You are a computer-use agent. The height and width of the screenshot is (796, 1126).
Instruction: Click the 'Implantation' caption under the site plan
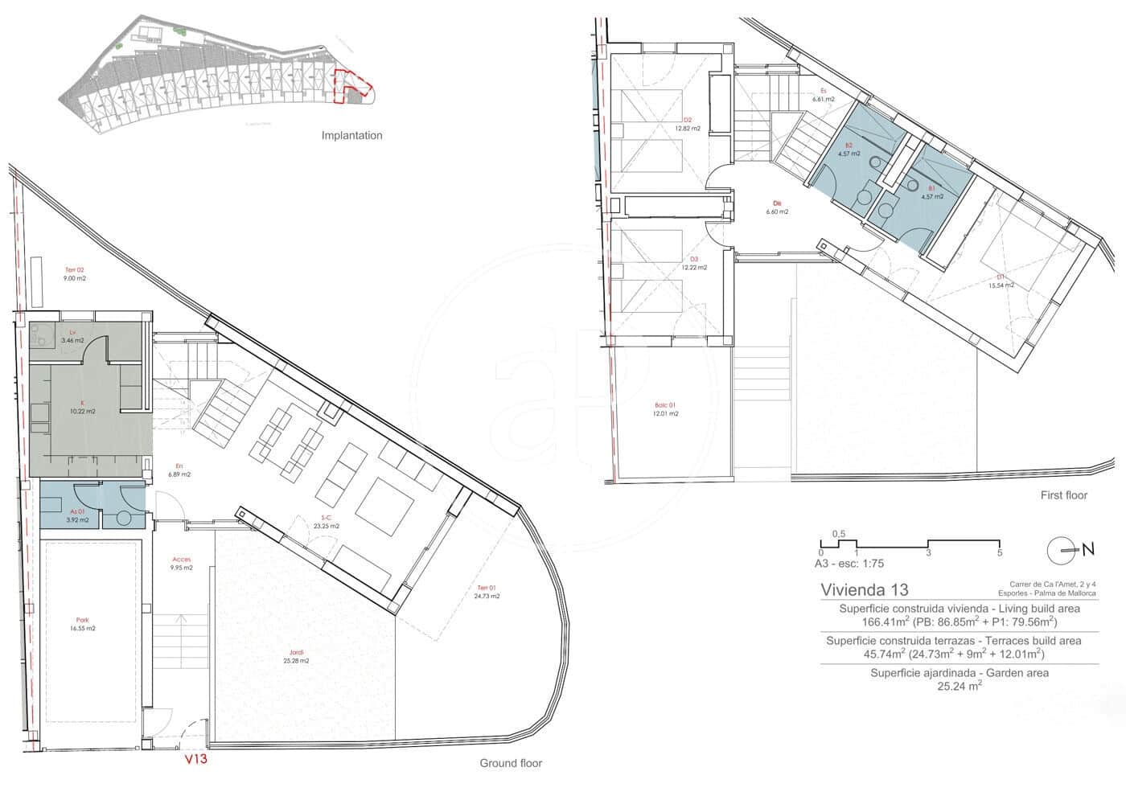coord(351,136)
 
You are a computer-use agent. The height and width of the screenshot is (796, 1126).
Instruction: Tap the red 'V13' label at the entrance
coord(196,758)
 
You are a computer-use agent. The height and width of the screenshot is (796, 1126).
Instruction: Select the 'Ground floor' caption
coord(511,763)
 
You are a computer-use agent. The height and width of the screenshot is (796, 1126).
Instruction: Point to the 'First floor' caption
coord(1063,495)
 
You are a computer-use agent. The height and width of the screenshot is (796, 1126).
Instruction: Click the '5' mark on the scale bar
coord(999,553)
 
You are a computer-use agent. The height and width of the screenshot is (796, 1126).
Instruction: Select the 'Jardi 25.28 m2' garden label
coord(296,656)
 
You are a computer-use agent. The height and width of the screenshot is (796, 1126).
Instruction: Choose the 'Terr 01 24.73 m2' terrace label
coord(487,592)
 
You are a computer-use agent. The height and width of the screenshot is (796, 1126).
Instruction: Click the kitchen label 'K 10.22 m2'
coord(82,407)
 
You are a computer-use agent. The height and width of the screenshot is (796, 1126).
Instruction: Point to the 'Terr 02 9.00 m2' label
coord(74,274)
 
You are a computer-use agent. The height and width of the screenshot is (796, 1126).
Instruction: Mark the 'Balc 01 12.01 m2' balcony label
coord(666,409)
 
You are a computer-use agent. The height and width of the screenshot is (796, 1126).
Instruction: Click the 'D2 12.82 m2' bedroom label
coord(688,124)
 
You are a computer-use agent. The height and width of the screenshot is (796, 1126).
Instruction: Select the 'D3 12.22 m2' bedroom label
coord(693,263)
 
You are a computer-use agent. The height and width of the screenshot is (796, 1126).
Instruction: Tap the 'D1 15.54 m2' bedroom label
coord(1001,281)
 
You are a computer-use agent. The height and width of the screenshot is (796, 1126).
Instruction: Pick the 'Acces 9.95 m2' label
coord(181,564)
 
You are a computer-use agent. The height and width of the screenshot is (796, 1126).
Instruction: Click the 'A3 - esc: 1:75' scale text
coord(849,564)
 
